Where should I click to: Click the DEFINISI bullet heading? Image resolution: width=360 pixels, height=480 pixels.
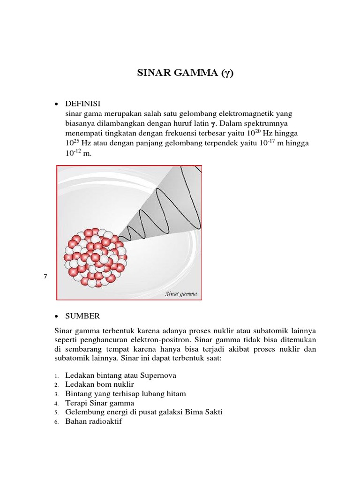click(83, 103)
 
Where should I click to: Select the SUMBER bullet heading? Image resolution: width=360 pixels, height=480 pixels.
click(82, 316)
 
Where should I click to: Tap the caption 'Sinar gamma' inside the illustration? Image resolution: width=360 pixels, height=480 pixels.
click(181, 294)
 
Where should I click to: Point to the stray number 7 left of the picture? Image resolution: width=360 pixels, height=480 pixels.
click(45, 277)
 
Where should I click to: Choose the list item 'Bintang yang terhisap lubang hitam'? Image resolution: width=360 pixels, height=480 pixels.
click(126, 394)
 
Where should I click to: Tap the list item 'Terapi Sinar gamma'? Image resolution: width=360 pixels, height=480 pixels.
click(100, 403)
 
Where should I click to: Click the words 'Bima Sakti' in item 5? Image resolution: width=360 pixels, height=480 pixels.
click(204, 412)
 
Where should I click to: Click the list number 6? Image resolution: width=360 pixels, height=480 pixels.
click(56, 422)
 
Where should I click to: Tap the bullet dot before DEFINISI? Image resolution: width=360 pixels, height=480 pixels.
click(56, 104)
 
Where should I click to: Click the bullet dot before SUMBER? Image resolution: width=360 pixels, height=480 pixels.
click(56, 316)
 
